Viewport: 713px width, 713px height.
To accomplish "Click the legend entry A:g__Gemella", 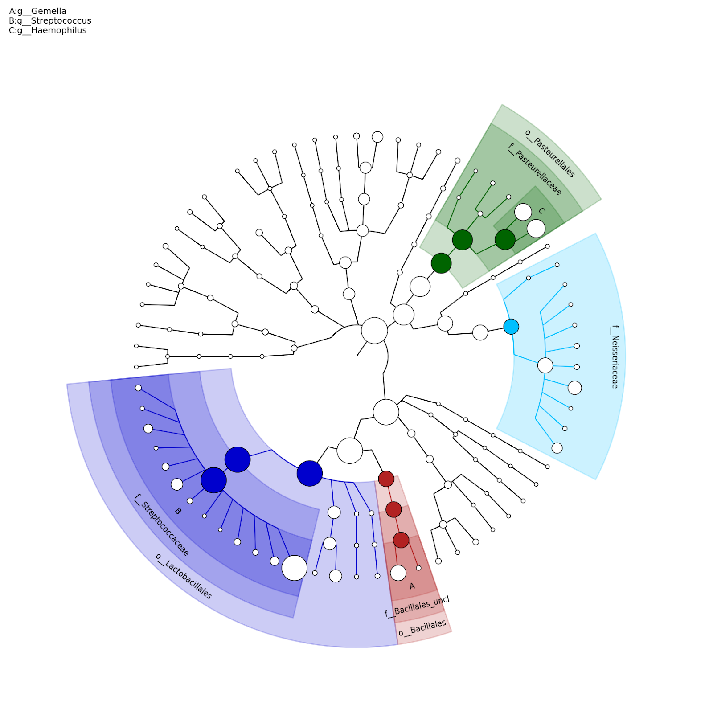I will [x=37, y=11].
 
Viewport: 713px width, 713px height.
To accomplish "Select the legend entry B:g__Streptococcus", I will [x=50, y=21].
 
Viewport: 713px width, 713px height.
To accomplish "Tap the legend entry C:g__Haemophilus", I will [x=48, y=31].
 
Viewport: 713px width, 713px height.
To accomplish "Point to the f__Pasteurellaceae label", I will [x=535, y=169].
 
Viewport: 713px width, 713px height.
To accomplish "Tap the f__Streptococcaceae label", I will [x=162, y=525].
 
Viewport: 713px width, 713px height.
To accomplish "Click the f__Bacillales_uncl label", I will [x=417, y=606].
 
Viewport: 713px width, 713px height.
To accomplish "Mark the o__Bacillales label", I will [x=422, y=628].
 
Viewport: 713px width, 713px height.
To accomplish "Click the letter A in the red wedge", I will [x=412, y=586].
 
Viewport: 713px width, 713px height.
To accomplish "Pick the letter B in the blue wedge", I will [x=178, y=511].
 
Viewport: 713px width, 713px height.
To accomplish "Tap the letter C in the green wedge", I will [x=541, y=211].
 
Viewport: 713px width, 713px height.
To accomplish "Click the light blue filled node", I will [x=511, y=327].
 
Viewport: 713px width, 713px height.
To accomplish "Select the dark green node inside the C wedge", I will [x=505, y=239].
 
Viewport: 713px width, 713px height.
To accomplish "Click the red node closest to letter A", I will [x=401, y=540].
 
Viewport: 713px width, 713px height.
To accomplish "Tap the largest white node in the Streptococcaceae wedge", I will [x=294, y=568].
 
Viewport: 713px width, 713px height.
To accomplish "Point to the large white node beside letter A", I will [x=398, y=573].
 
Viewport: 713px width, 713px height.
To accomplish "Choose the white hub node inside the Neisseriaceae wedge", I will [x=545, y=365].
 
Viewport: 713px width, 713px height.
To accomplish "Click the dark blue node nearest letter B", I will [x=213, y=480].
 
